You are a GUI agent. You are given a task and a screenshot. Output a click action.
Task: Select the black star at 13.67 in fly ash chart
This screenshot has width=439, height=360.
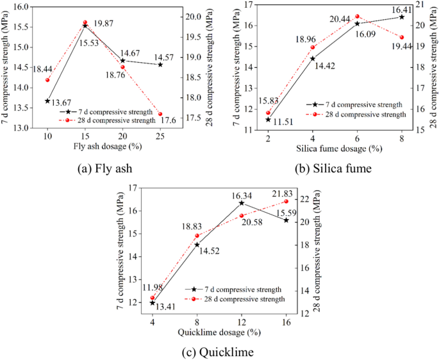(47, 101)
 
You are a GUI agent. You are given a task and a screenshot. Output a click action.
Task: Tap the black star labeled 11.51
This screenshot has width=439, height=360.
(268, 119)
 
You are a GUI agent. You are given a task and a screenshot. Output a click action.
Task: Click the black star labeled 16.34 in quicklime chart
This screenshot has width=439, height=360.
(242, 203)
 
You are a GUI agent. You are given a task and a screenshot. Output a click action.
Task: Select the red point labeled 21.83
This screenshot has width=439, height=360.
(286, 201)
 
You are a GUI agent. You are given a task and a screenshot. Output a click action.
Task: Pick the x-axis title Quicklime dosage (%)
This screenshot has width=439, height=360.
(219, 332)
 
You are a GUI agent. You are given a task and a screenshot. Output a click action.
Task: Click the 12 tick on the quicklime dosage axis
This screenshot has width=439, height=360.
(242, 322)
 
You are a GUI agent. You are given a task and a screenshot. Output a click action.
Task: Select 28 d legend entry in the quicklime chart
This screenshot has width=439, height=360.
(236, 299)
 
